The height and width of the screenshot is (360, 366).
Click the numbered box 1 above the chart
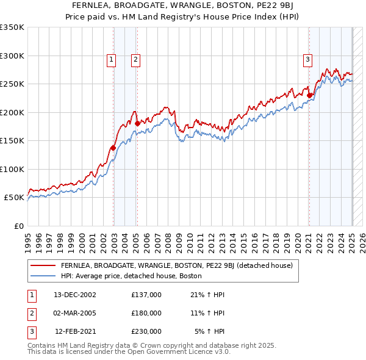click(x=112, y=59)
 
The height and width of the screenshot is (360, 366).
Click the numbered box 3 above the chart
click(x=307, y=59)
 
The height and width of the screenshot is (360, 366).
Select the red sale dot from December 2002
click(x=113, y=148)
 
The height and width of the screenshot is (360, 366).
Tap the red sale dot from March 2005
click(x=137, y=123)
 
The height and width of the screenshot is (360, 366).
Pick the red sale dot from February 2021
click(x=309, y=95)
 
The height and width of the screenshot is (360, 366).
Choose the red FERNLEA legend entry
click(x=177, y=266)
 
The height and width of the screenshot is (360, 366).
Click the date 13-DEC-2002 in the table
click(x=75, y=295)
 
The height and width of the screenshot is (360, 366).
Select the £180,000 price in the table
click(x=146, y=313)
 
